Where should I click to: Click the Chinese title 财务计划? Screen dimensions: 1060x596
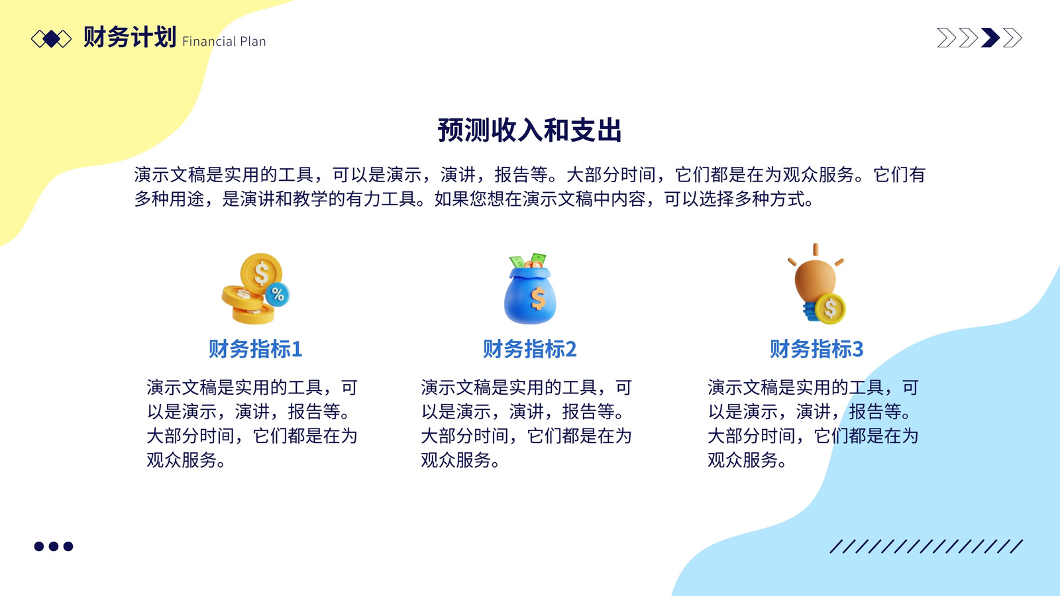(x=130, y=37)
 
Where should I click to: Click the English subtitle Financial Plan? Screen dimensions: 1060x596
(x=224, y=42)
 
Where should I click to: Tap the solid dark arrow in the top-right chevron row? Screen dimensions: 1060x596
(x=990, y=38)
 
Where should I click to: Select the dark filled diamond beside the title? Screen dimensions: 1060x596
(x=51, y=39)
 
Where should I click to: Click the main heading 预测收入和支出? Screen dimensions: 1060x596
(x=529, y=130)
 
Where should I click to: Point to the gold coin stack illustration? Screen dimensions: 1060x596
(x=256, y=289)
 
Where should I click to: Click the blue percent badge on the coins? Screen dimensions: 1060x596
(x=278, y=295)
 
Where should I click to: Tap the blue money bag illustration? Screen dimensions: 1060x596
(x=530, y=289)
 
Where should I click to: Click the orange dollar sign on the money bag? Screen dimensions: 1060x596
(x=538, y=299)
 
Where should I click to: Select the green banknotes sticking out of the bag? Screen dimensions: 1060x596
(x=528, y=261)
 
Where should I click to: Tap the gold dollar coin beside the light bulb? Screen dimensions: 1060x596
(x=831, y=309)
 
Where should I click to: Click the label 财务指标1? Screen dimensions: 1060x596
(x=256, y=349)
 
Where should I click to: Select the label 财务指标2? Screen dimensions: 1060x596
(x=529, y=349)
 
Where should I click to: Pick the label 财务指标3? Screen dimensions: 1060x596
(x=816, y=349)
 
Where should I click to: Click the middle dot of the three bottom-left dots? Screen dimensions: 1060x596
(x=54, y=546)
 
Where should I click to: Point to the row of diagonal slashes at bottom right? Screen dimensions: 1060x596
(x=926, y=546)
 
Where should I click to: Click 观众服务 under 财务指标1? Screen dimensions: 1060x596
(x=182, y=460)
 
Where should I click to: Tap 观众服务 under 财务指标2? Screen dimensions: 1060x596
(x=456, y=460)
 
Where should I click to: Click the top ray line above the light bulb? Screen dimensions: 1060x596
(x=816, y=249)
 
